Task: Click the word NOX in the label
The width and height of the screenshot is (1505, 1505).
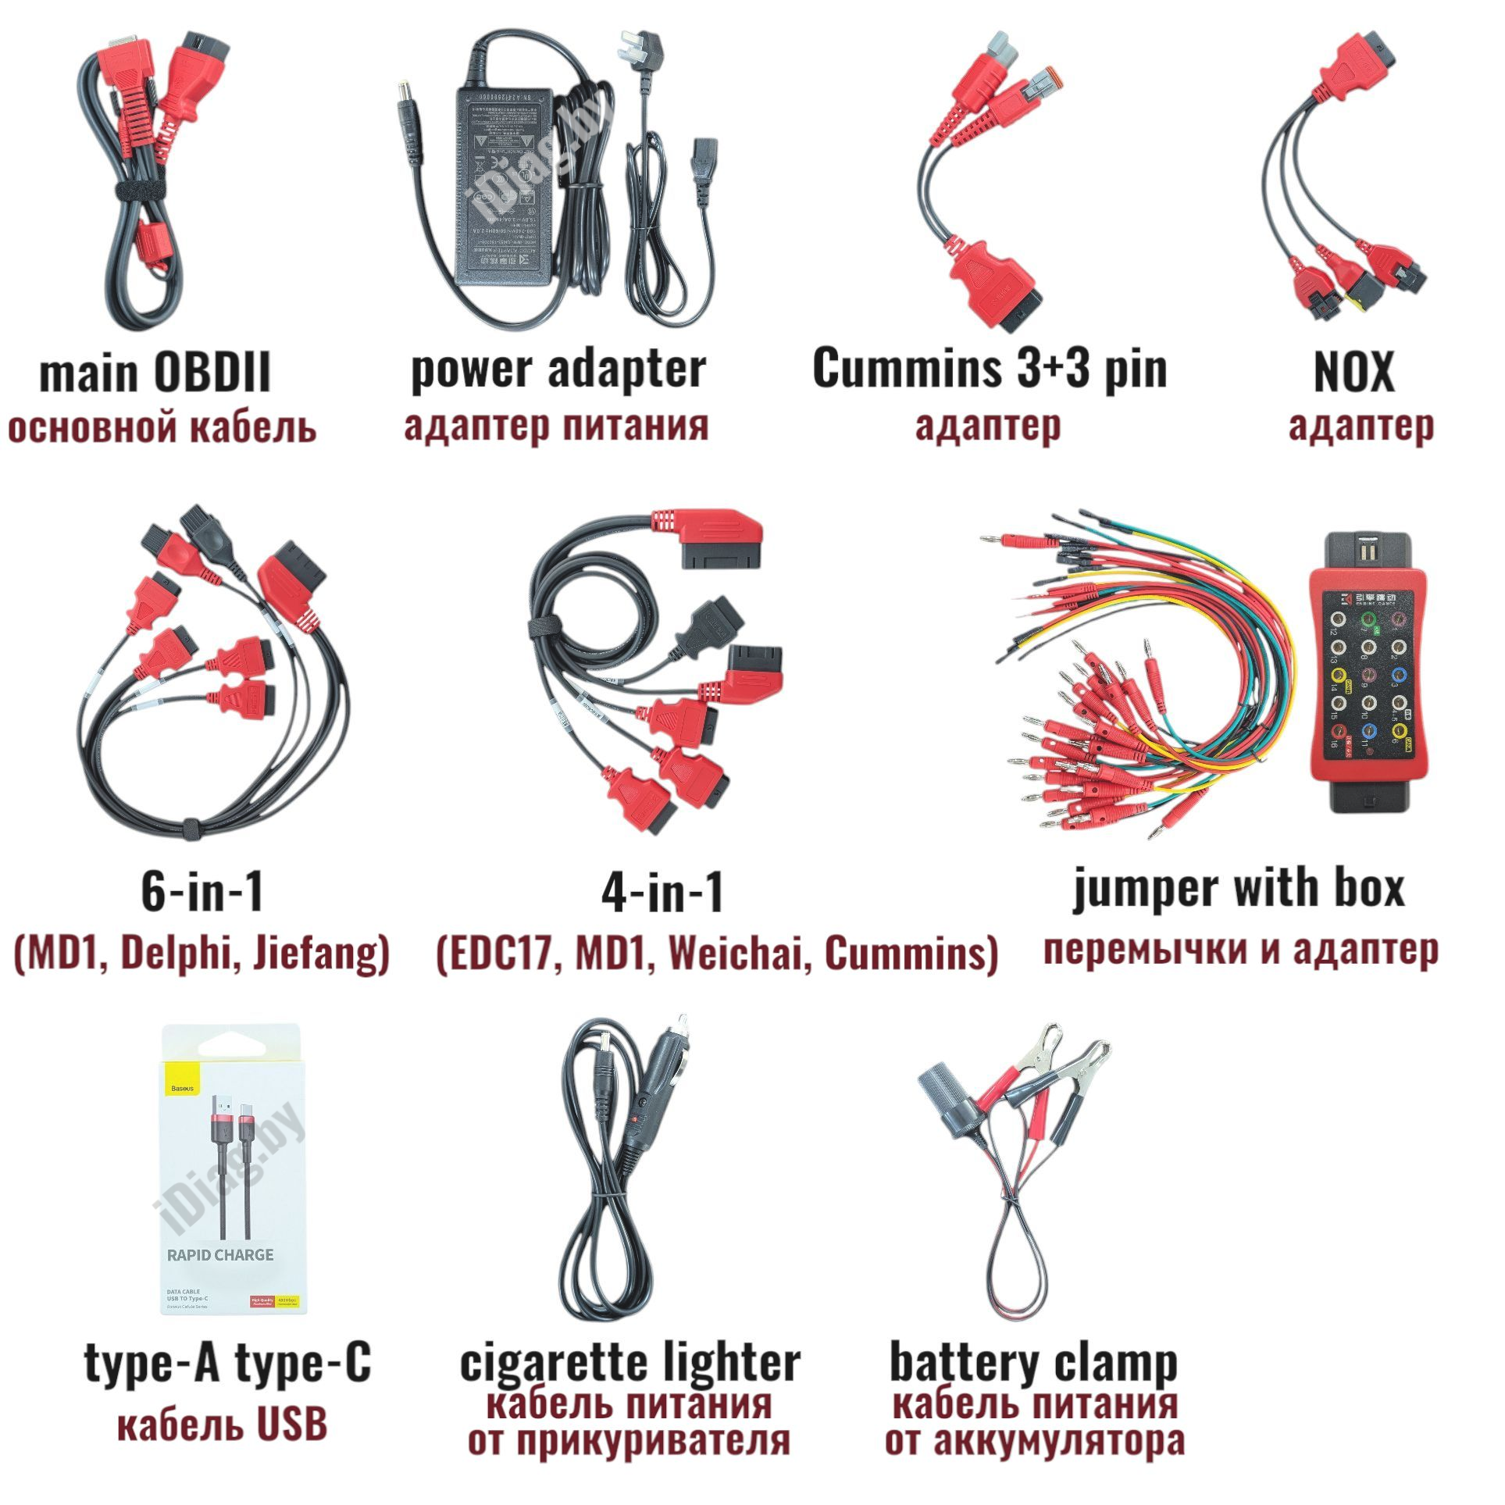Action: click(1353, 373)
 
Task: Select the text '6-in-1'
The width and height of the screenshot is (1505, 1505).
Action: click(202, 891)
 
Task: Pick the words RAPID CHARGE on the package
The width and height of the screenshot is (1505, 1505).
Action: click(221, 1255)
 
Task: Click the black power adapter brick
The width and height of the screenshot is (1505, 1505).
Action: click(504, 187)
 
